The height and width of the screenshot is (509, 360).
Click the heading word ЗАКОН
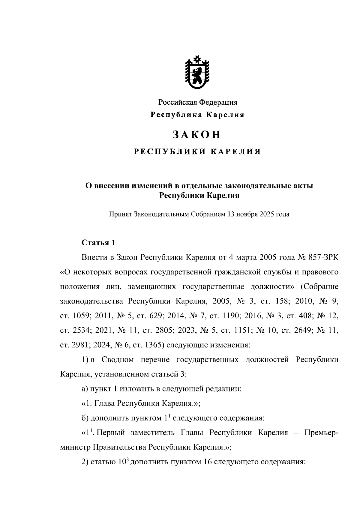click(x=197, y=135)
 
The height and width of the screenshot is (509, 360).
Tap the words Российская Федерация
click(x=198, y=103)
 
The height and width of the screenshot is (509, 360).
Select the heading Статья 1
click(x=98, y=242)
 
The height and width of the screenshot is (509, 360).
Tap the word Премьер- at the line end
click(x=321, y=433)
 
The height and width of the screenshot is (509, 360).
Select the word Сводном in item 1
click(x=118, y=360)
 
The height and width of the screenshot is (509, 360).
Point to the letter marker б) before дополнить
click(x=84, y=418)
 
